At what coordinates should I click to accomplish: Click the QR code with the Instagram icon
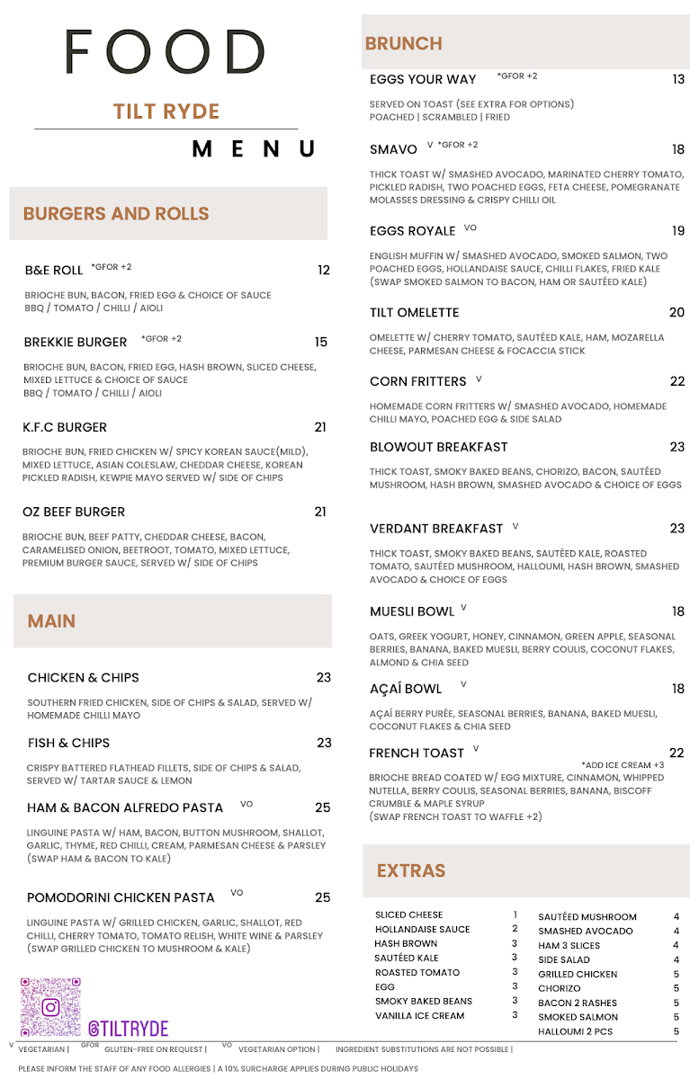(50, 1007)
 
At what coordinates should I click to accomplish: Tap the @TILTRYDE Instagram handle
(128, 1029)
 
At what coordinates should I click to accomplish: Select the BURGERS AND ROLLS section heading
(116, 214)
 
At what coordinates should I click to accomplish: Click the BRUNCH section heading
(403, 44)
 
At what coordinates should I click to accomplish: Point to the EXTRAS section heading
(411, 870)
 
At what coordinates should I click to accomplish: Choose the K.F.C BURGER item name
(65, 427)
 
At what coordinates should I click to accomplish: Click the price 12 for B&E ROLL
(323, 270)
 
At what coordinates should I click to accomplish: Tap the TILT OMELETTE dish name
(414, 313)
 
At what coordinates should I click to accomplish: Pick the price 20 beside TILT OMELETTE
(677, 313)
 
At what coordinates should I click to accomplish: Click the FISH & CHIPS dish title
(68, 743)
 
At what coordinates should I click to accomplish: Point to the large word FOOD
(166, 52)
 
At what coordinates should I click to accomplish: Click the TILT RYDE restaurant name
(166, 111)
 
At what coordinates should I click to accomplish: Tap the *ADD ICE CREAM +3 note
(623, 765)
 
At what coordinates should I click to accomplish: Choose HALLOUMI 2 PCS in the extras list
(575, 1031)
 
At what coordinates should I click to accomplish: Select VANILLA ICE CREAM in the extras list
(419, 1015)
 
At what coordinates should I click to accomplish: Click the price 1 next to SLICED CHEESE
(515, 914)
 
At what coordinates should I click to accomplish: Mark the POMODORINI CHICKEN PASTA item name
(121, 897)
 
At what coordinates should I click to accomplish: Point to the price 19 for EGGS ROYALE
(677, 231)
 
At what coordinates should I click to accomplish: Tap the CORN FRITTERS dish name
(417, 381)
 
